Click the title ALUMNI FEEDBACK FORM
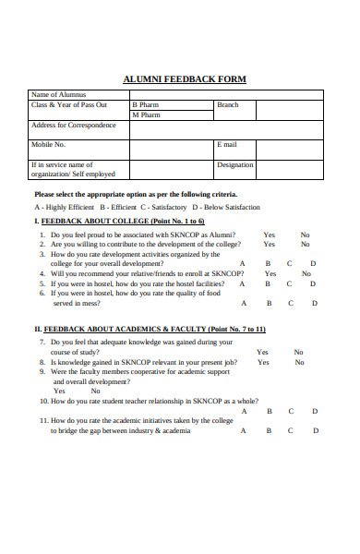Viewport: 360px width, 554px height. coord(185,78)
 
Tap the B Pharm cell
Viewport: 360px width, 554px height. coord(145,105)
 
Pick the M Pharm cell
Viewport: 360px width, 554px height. coord(146,115)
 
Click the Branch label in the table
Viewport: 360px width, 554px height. coord(227,105)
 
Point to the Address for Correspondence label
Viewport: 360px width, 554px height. coord(72,126)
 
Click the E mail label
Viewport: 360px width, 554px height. coord(227,145)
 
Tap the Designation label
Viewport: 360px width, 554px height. coord(234,165)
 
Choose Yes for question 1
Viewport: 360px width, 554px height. coord(269,235)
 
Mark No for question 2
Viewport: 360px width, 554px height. coord(305,245)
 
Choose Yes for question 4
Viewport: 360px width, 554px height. coord(270,273)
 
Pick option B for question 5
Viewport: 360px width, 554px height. coord(267,283)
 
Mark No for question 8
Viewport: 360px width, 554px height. coord(298,362)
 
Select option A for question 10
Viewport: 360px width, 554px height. coord(244,411)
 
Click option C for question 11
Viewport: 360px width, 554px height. coord(290,430)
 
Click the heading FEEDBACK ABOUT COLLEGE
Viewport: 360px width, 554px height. coord(122,222)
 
